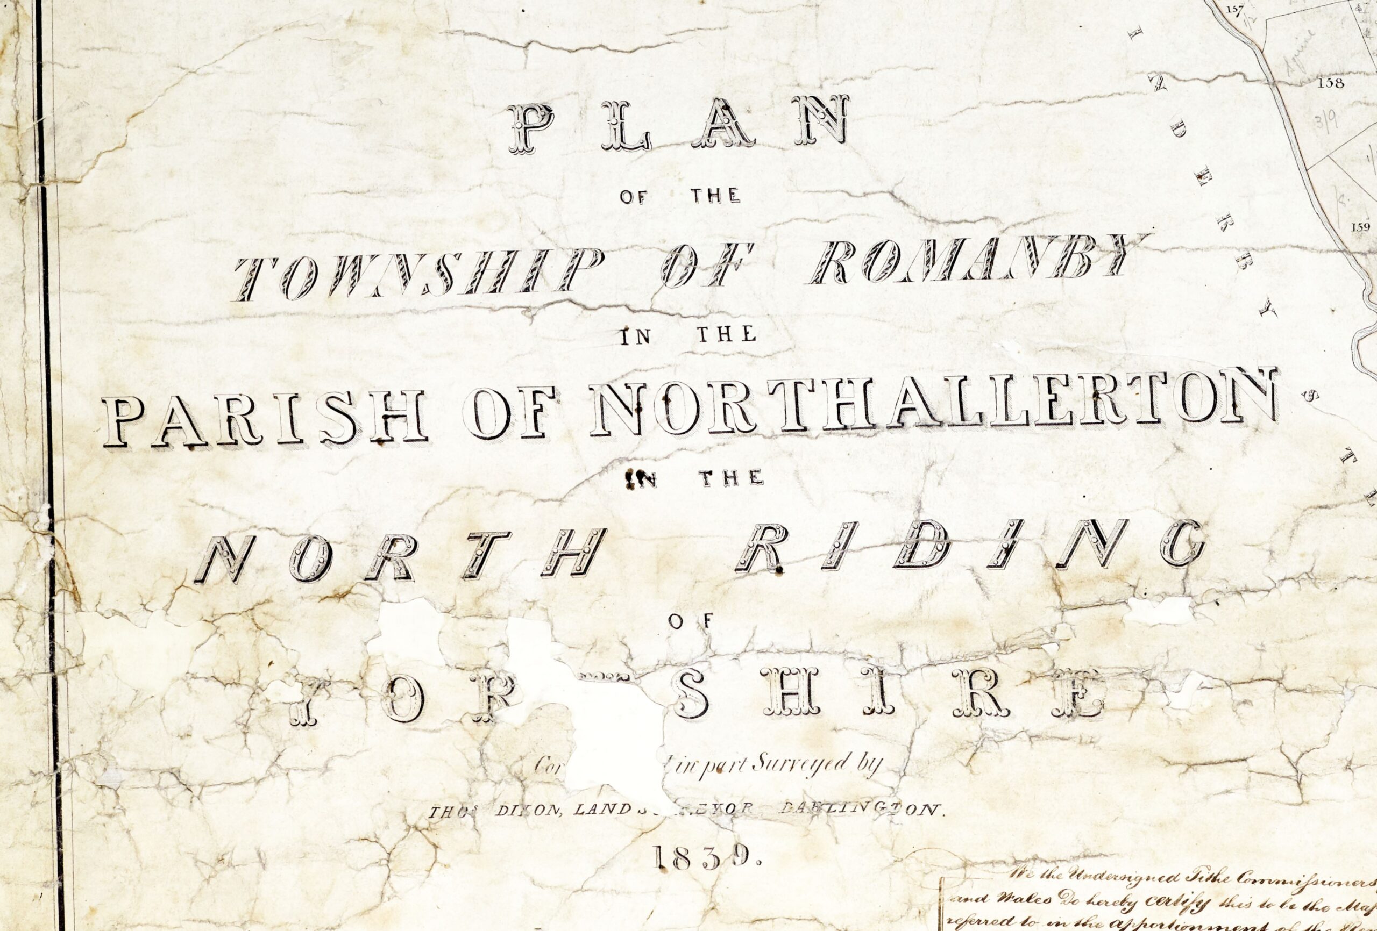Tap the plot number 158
click(1330, 83)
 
